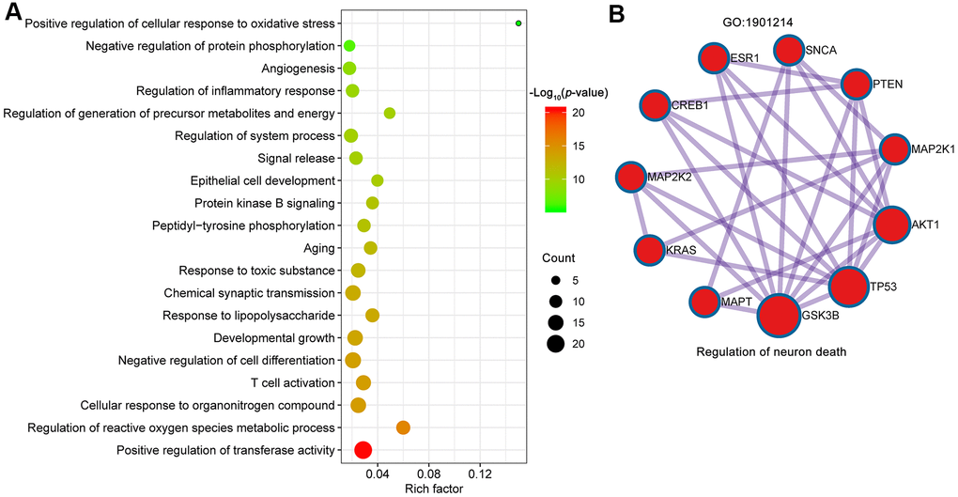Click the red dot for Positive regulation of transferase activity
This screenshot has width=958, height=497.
click(x=363, y=451)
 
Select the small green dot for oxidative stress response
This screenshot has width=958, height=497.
click(x=518, y=23)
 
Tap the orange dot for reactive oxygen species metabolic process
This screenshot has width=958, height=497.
click(x=404, y=427)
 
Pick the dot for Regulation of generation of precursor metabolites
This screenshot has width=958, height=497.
click(x=390, y=114)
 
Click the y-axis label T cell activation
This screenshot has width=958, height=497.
click(x=292, y=383)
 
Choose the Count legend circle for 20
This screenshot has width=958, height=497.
click(x=555, y=344)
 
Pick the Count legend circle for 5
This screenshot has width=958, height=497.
click(x=555, y=280)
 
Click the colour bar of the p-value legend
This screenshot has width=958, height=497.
click(x=555, y=158)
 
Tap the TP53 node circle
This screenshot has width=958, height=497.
click(x=847, y=287)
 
